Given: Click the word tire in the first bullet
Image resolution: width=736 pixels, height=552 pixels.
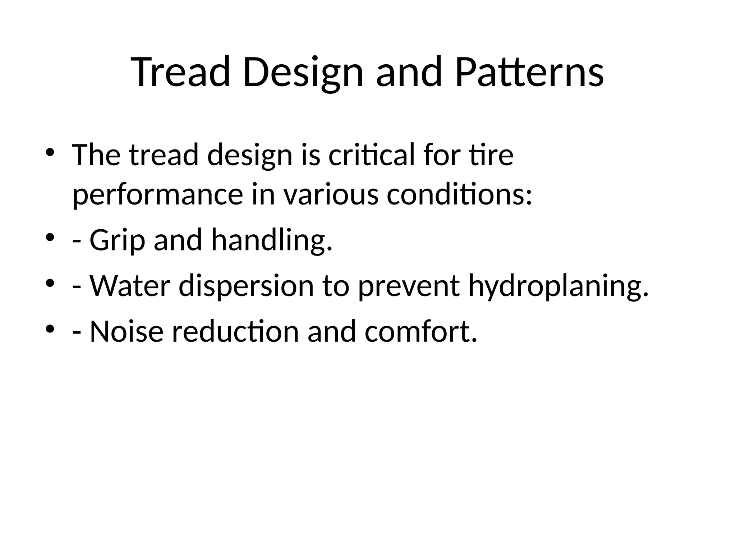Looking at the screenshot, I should pos(491,155).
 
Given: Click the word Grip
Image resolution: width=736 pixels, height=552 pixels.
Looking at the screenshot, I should pos(117,240).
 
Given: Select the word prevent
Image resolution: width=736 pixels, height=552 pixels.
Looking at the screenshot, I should pos(409,286).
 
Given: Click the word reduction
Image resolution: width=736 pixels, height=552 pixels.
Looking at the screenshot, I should pos(235,331).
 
